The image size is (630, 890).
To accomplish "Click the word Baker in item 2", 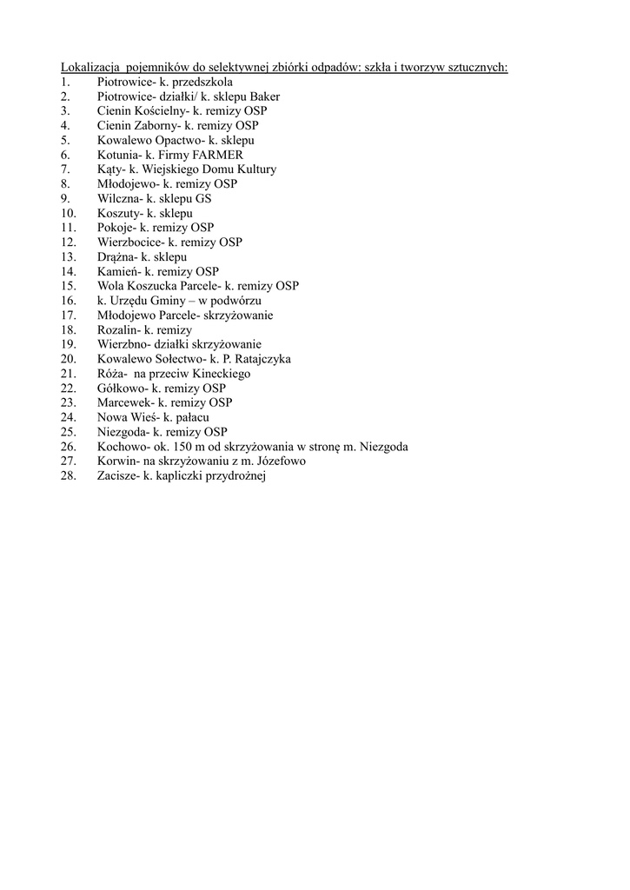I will point(264,96).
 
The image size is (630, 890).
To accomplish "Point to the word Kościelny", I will point(160,111).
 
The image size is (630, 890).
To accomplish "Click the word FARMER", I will point(213,155).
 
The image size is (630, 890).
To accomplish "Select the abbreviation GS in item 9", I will point(202,198).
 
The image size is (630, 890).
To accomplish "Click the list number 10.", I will point(69,213).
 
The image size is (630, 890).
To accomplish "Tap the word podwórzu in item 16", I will point(237,301).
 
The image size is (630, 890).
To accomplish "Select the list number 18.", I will point(69,330).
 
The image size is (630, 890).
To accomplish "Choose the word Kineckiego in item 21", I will point(222,374).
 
